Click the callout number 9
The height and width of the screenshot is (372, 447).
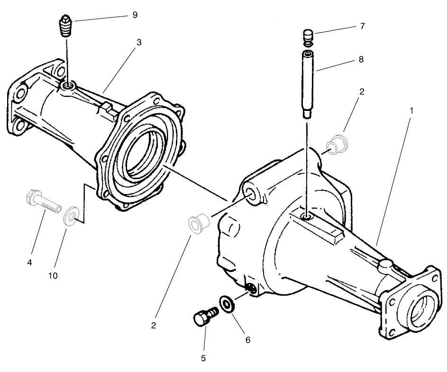(x=135, y=15)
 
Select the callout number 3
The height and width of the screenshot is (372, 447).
(x=139, y=42)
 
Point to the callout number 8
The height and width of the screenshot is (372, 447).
(x=362, y=60)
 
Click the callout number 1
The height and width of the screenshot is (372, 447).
(x=411, y=110)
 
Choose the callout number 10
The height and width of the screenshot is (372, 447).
(x=53, y=275)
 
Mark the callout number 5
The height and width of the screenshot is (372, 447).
(x=203, y=358)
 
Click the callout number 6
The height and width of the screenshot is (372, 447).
(x=247, y=340)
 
